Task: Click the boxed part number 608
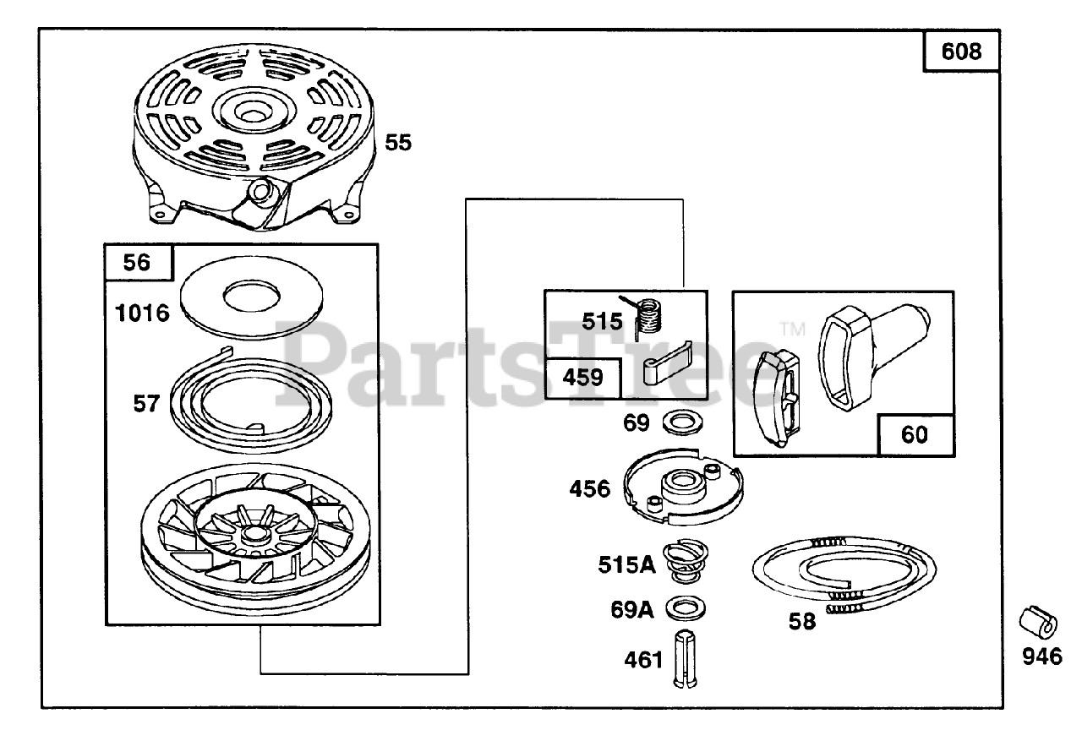tap(961, 52)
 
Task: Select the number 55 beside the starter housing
tap(398, 142)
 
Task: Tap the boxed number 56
tap(136, 262)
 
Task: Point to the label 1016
tap(143, 313)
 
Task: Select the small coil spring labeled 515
tap(649, 318)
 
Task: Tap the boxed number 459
tap(583, 377)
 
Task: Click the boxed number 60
tap(915, 434)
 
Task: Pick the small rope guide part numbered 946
tap(1037, 624)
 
